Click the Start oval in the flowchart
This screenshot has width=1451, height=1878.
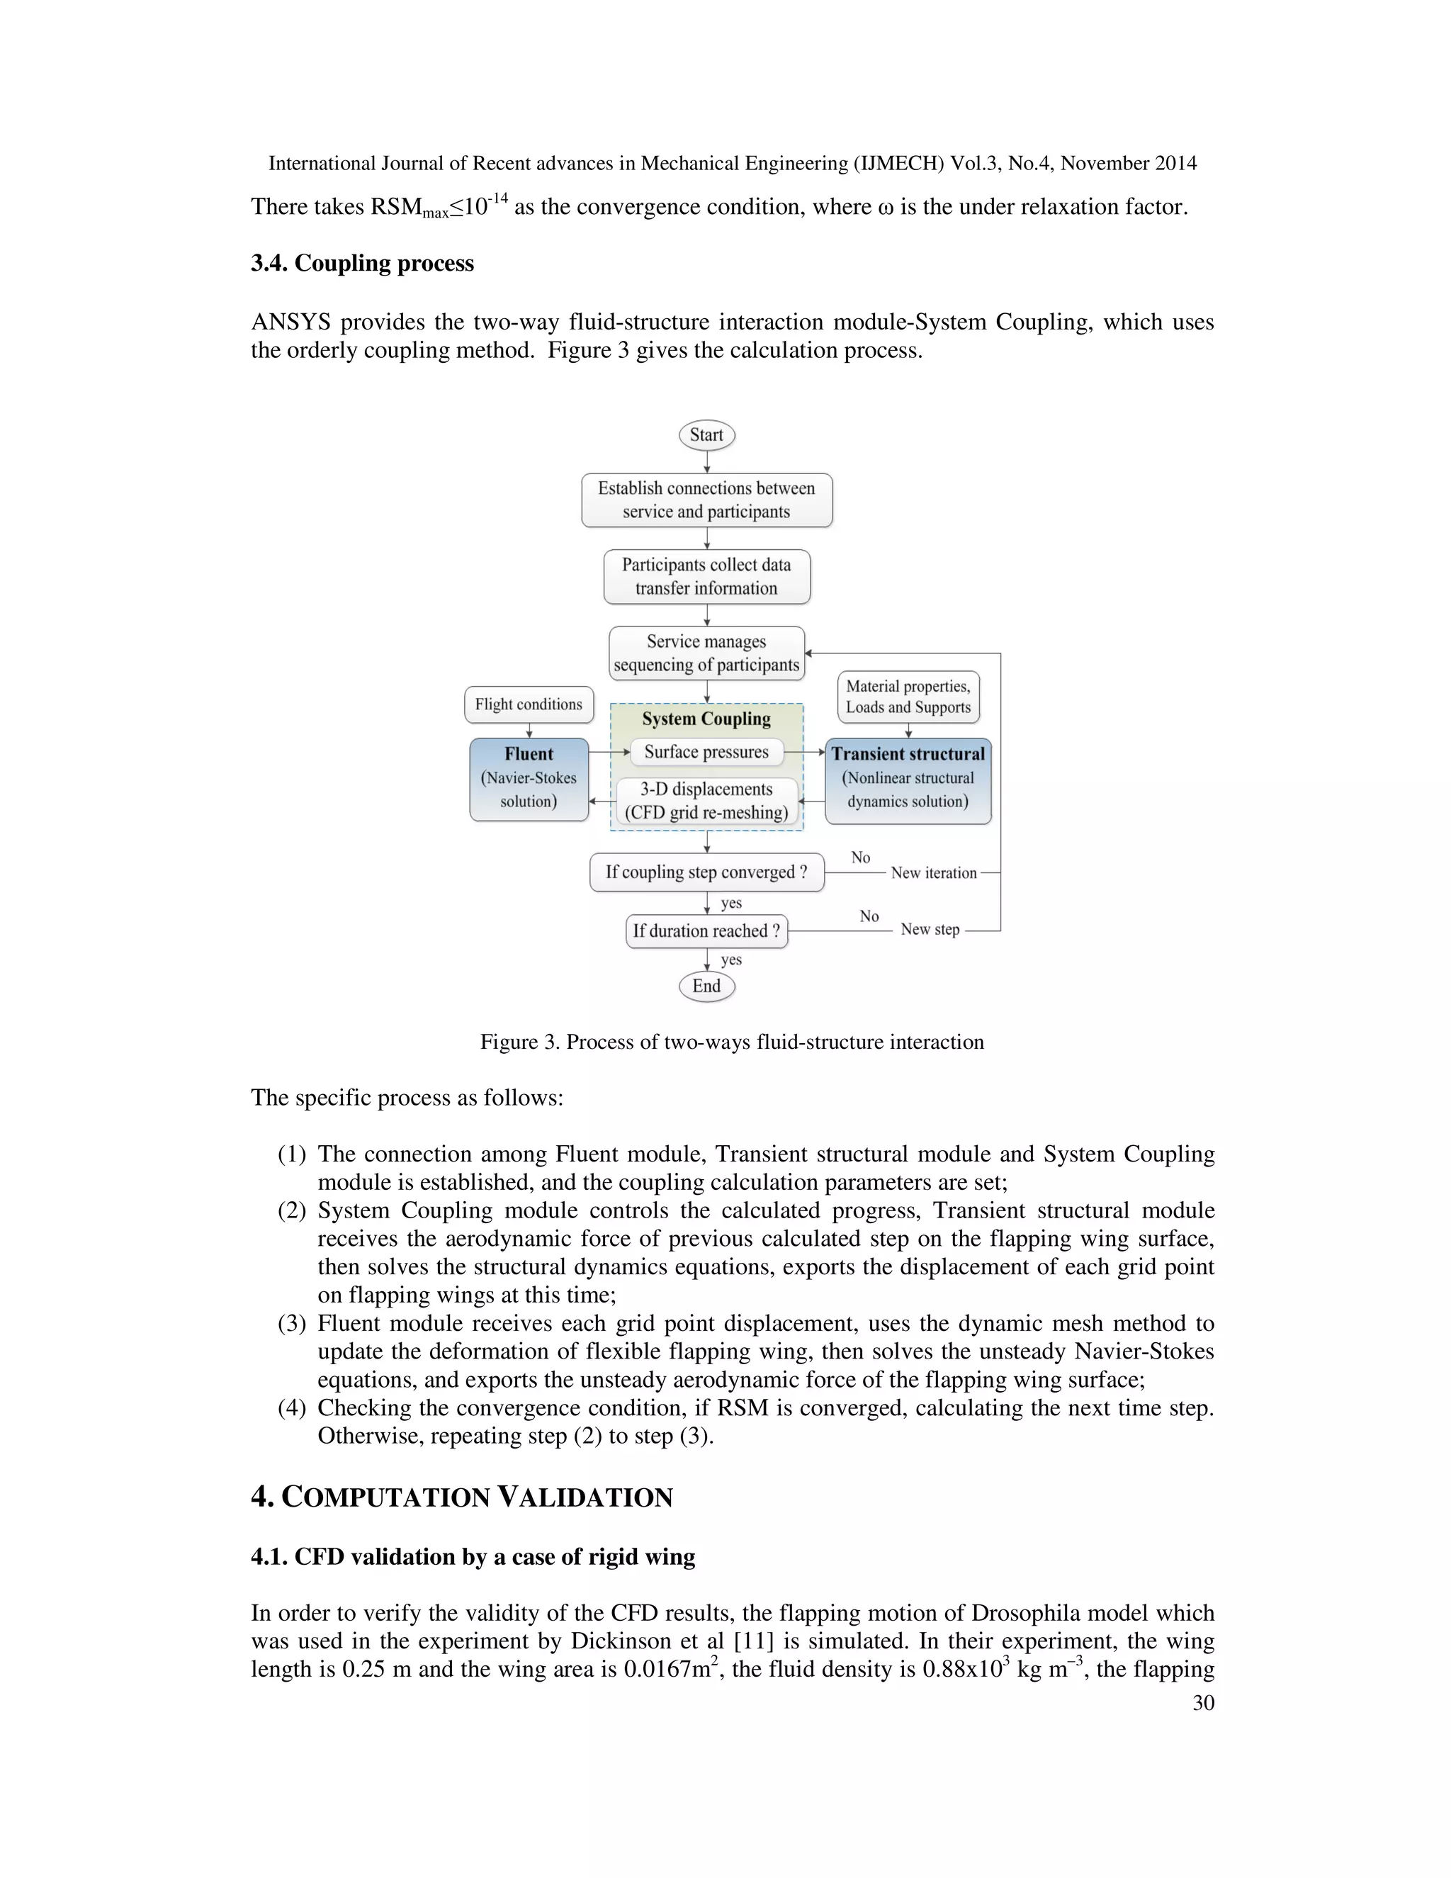(x=706, y=435)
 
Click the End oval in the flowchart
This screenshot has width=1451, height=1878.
(x=706, y=986)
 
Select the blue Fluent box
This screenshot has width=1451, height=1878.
(x=529, y=779)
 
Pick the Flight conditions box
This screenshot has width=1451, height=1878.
(x=529, y=704)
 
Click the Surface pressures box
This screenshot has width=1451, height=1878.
(x=706, y=753)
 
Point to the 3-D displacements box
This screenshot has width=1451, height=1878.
(x=706, y=801)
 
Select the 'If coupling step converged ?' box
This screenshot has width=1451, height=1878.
(x=706, y=872)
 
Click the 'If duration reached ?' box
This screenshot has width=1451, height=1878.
(x=706, y=931)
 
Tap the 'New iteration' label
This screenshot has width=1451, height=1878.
(x=934, y=873)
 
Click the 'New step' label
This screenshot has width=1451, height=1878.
(x=930, y=930)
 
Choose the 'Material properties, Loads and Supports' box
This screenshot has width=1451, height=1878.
(x=908, y=697)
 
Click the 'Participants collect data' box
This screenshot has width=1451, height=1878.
(x=706, y=577)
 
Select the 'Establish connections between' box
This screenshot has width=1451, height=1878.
(x=706, y=500)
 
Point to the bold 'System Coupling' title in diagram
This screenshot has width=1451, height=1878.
(x=706, y=719)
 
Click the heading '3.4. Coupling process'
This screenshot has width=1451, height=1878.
(x=362, y=263)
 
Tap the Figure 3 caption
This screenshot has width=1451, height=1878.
(x=731, y=1042)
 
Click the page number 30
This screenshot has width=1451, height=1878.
(x=1204, y=1702)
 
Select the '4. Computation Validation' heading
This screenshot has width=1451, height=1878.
(x=462, y=1497)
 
